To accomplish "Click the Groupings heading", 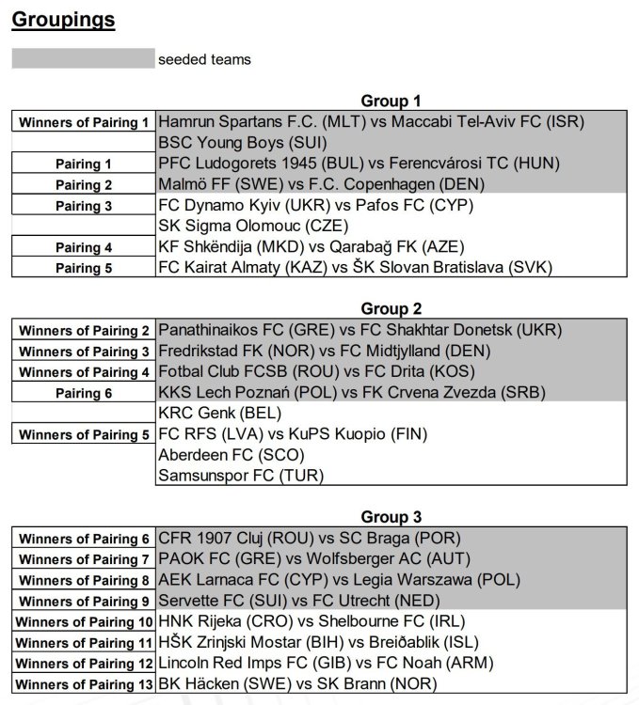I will [x=64, y=20].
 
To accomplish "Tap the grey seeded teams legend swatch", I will [x=83, y=59].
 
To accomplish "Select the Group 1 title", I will [x=391, y=102].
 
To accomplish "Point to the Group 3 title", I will [x=391, y=518].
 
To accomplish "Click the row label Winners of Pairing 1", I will [x=84, y=123].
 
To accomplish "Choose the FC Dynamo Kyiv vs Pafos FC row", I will [x=316, y=205].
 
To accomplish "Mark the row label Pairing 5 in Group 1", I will [x=84, y=268].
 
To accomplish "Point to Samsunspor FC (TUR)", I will [x=241, y=476].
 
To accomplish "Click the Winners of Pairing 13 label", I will [x=84, y=685].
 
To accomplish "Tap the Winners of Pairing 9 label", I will [x=84, y=602].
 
